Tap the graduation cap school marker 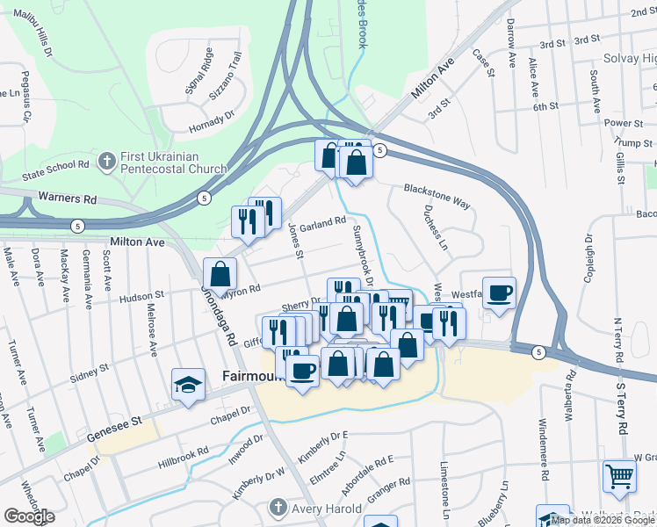(x=188, y=385)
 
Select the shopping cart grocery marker (x=619, y=477)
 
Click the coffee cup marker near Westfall (x=499, y=293)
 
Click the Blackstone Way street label (x=437, y=195)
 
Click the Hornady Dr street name (x=212, y=121)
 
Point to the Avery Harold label (x=327, y=509)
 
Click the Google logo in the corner (x=29, y=516)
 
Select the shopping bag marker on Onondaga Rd (x=219, y=273)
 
